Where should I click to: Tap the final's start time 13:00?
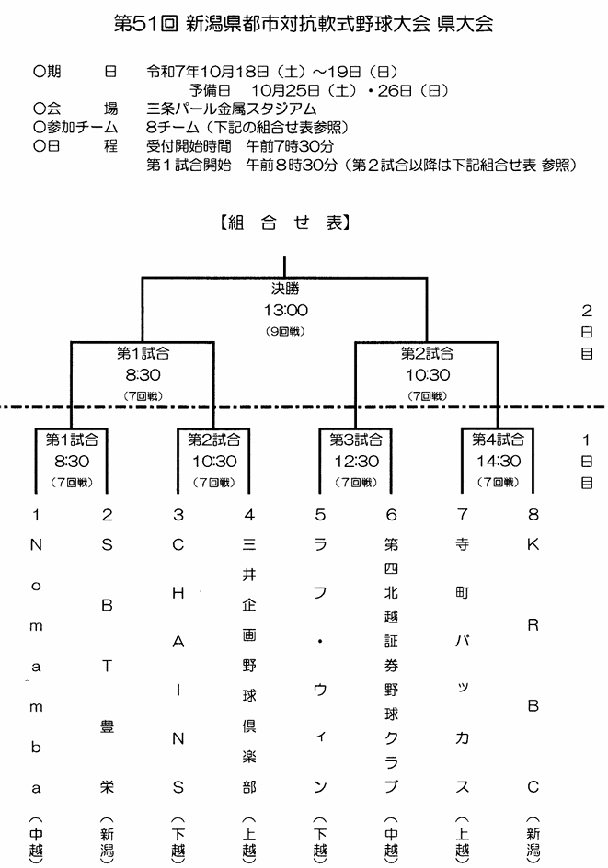[x=284, y=311]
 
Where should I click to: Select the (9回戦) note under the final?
[x=284, y=330]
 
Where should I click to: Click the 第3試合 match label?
[x=356, y=439]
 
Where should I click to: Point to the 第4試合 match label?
[x=498, y=439]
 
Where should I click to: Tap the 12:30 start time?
[x=356, y=462]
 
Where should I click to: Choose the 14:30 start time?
[x=498, y=462]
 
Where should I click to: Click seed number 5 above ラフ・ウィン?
[x=320, y=515]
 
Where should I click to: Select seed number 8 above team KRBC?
[x=532, y=515]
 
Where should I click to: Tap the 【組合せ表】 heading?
[x=284, y=222]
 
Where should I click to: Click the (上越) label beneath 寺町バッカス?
[x=462, y=837]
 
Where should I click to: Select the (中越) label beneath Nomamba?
[x=36, y=837]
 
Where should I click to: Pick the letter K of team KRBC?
[x=532, y=544]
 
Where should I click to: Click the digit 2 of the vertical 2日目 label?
[x=585, y=311]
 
